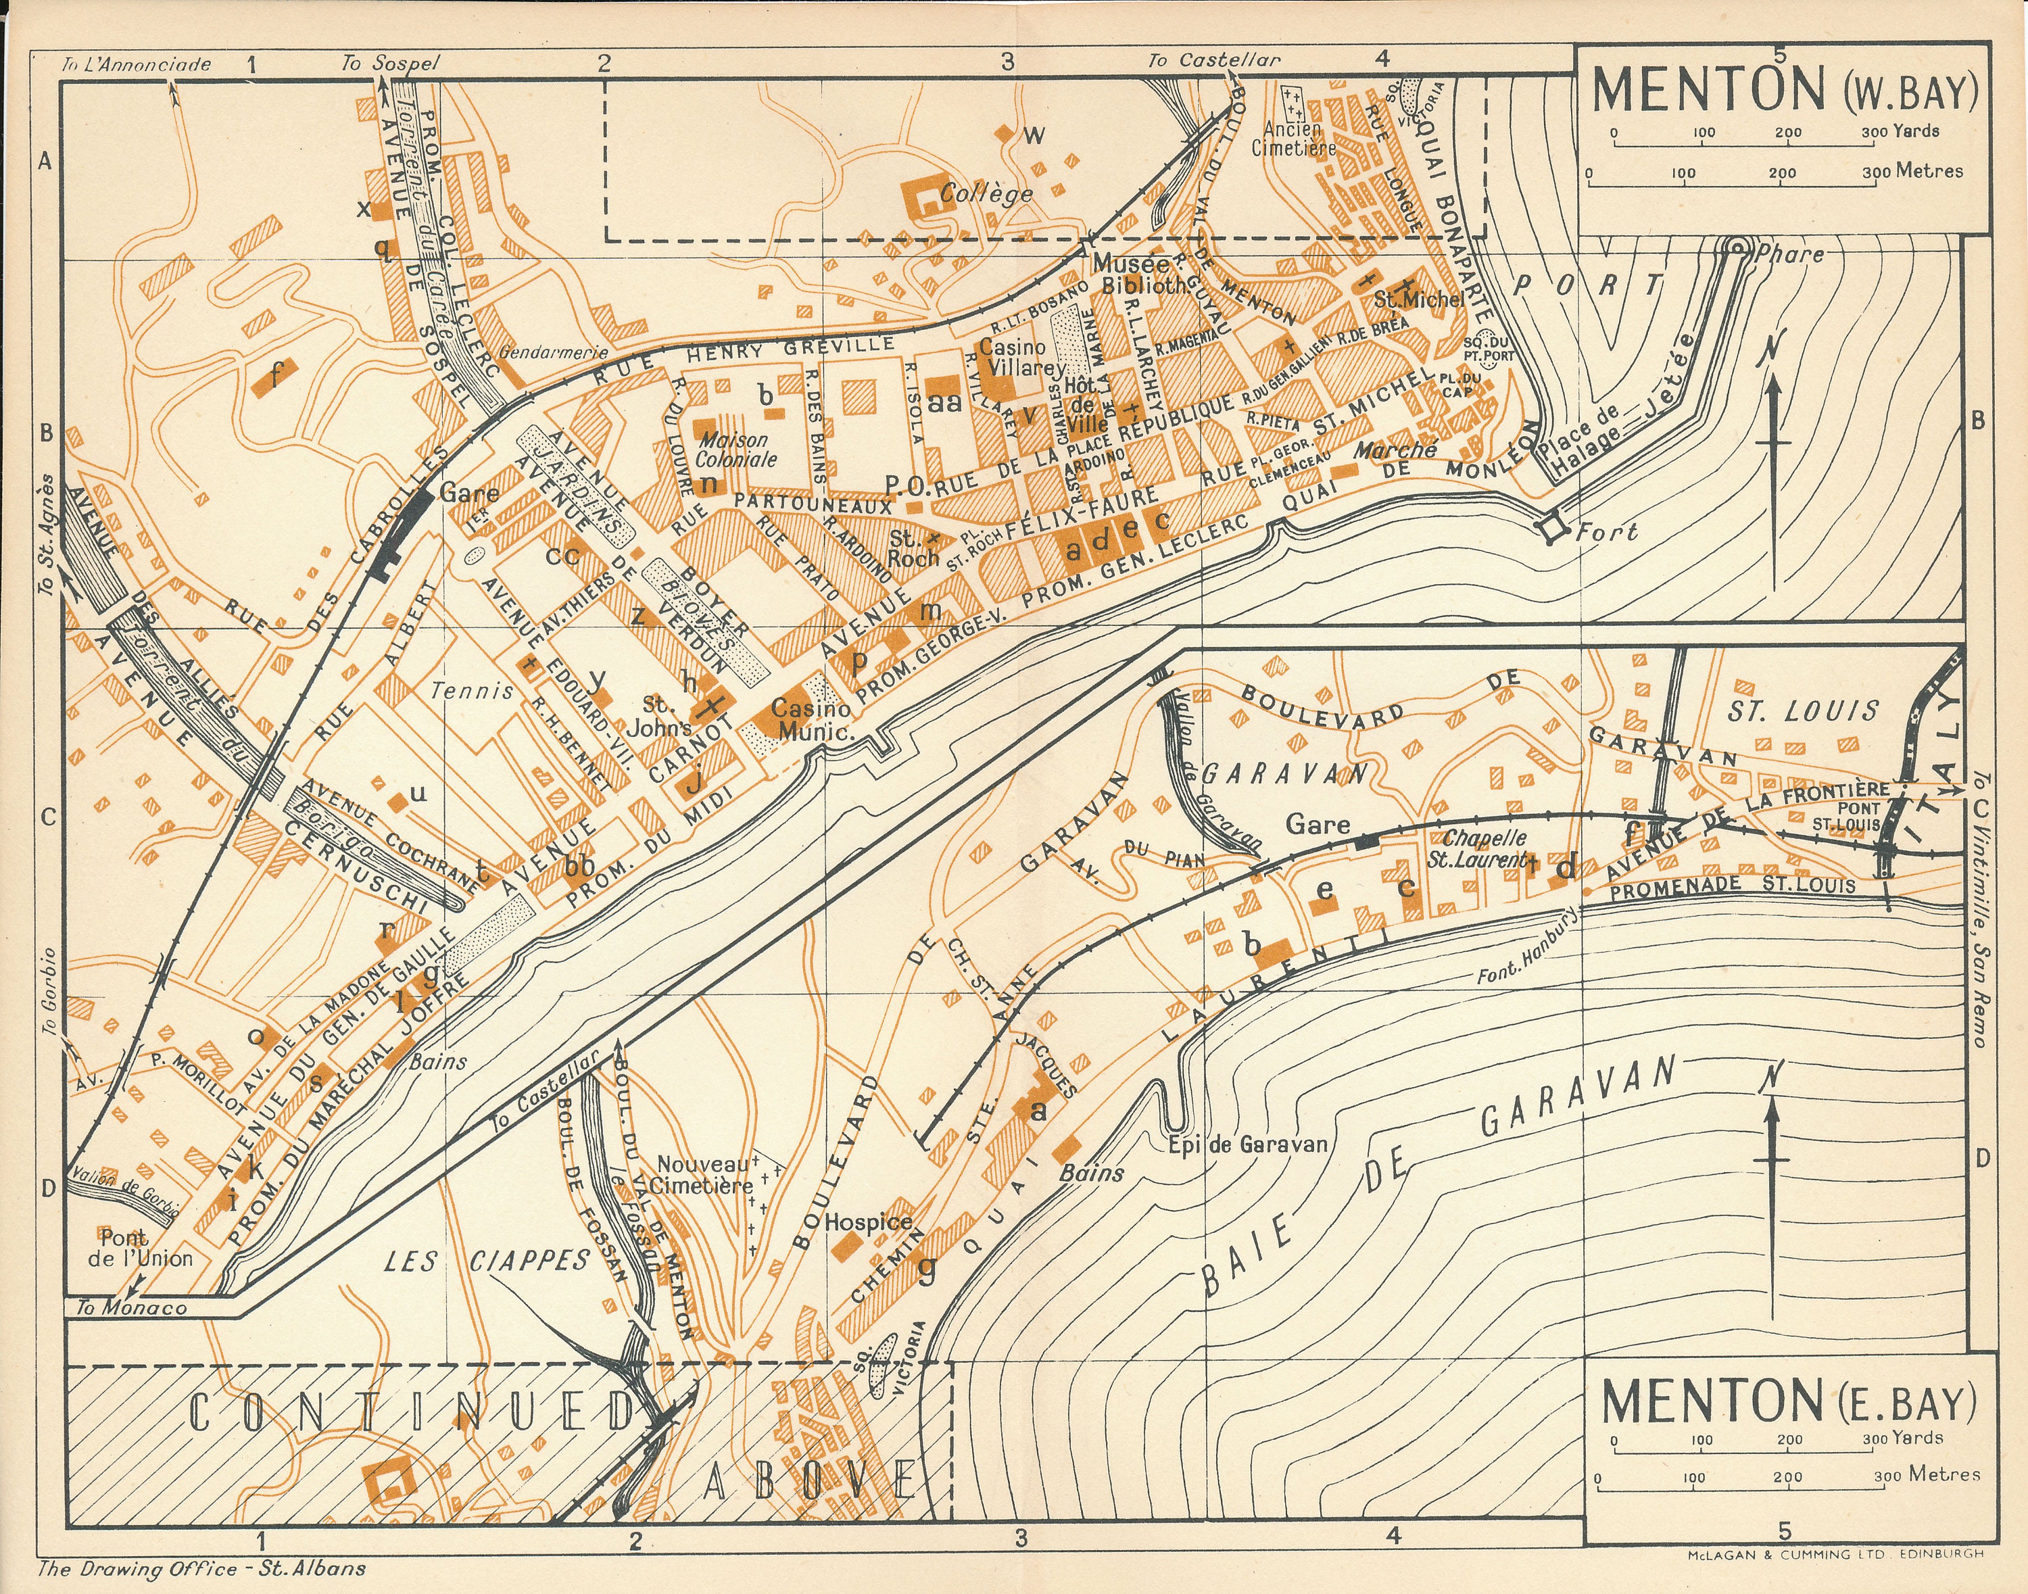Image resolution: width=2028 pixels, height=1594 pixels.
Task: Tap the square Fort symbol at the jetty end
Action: coord(1552,528)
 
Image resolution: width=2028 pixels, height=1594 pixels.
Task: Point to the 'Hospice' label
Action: coord(868,1222)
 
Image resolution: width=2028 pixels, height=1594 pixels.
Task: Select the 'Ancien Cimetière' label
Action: coord(1293,138)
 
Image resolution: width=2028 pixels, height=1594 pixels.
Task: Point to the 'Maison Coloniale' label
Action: coord(735,449)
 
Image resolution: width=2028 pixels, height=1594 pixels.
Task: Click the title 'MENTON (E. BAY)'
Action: coord(1788,1401)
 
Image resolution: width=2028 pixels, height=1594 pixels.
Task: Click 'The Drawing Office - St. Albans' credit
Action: coord(201,1569)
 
